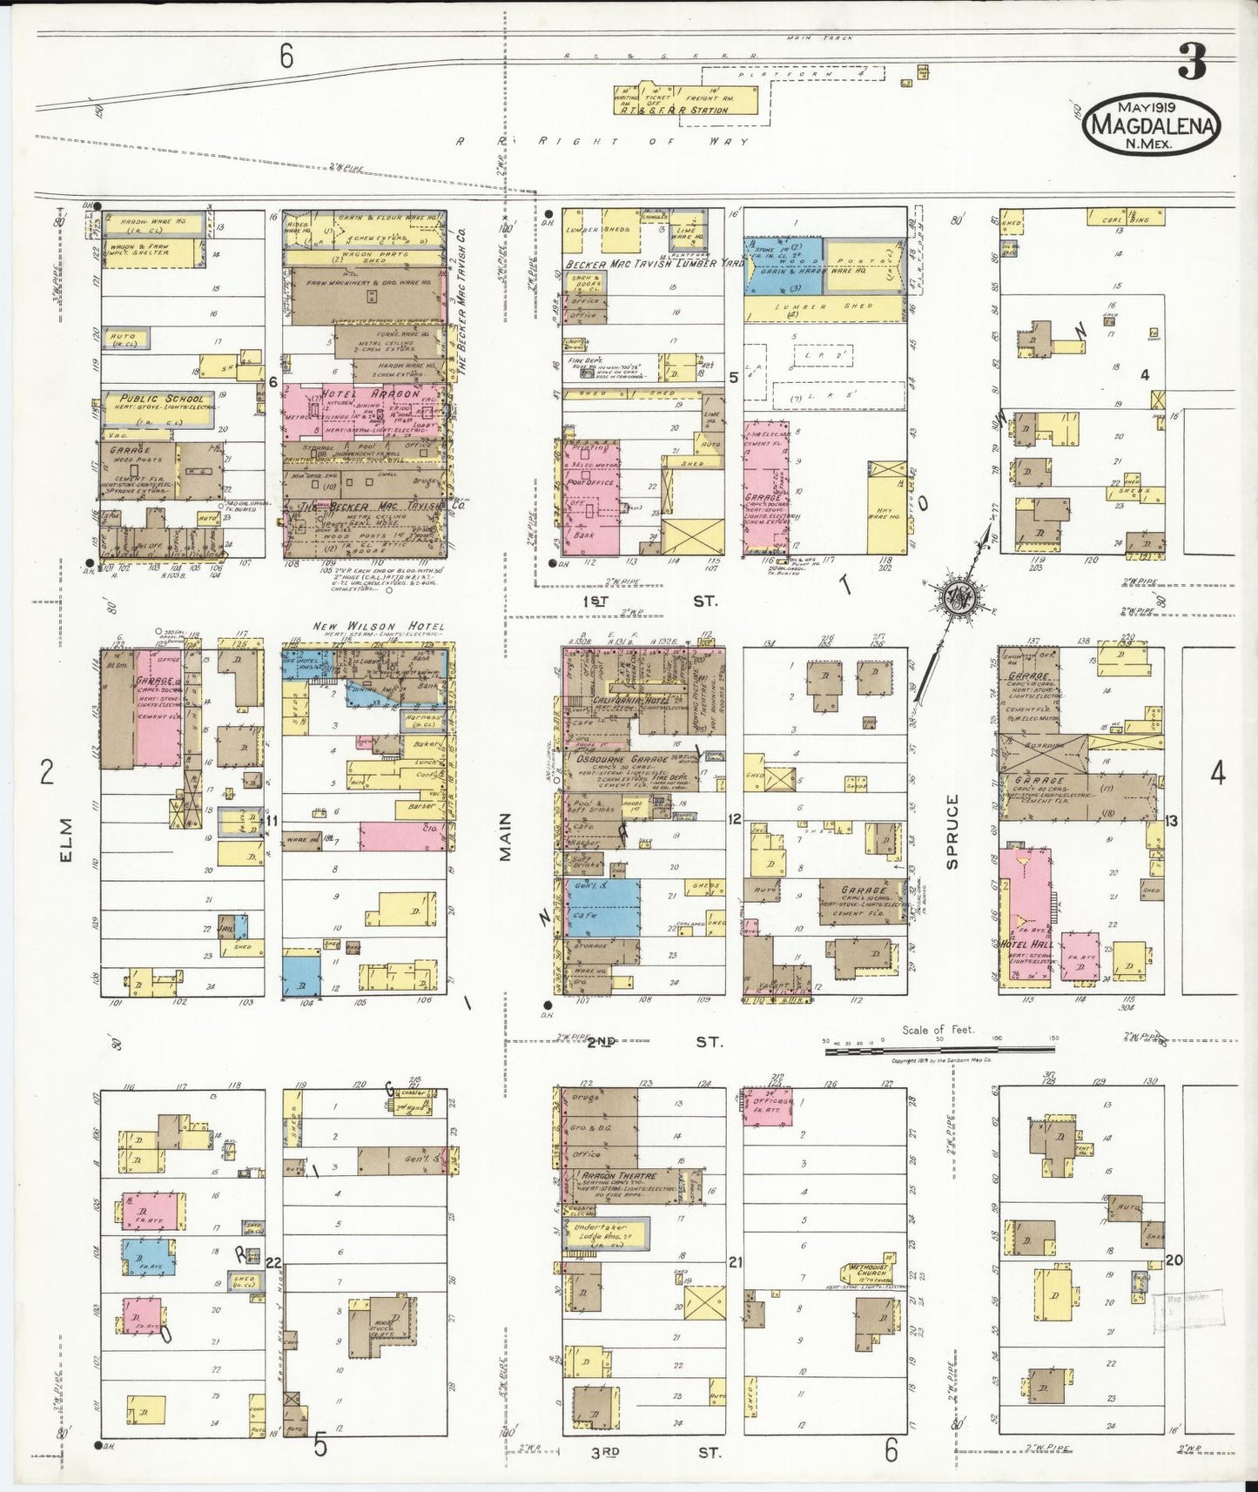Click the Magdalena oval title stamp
click(x=1150, y=125)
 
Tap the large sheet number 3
click(x=1192, y=62)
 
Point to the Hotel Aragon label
click(x=371, y=393)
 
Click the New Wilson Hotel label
click(x=380, y=627)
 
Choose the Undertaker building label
click(x=601, y=1228)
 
